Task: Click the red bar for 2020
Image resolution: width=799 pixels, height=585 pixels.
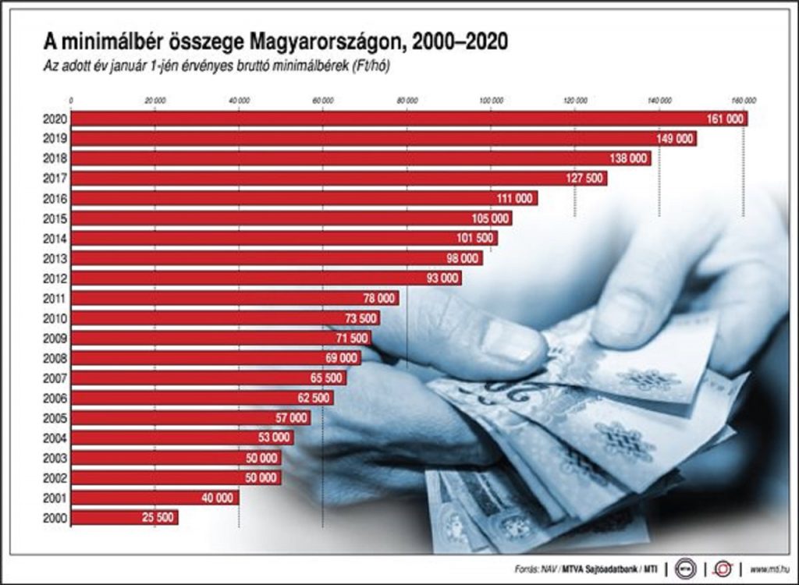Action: (390, 119)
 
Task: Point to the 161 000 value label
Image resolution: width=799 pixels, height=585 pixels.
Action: (725, 119)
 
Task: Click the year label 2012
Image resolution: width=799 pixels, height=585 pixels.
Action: (57, 278)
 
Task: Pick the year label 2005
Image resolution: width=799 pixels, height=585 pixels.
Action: (57, 418)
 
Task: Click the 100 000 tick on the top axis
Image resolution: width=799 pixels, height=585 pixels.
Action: (491, 100)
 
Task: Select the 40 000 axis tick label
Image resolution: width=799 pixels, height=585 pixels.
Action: (239, 100)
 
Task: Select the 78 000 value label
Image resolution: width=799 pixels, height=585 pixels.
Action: (378, 298)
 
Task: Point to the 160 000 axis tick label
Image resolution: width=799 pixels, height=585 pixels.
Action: (743, 100)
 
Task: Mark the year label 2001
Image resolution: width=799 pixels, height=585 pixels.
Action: (57, 498)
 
